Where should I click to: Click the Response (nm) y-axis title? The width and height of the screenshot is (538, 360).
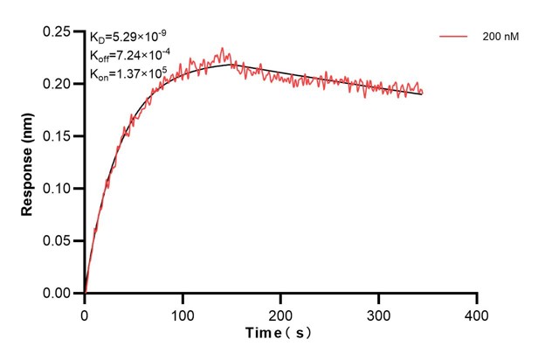click(x=28, y=163)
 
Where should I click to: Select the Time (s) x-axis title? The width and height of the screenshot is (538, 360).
click(x=279, y=333)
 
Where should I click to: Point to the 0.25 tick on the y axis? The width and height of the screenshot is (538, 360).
click(x=59, y=32)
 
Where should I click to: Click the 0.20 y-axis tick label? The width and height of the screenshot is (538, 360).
click(x=59, y=84)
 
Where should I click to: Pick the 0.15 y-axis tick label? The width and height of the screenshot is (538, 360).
click(x=59, y=136)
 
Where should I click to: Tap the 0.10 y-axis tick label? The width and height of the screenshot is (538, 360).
click(x=59, y=189)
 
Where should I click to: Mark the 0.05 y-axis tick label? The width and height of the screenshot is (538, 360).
click(x=59, y=241)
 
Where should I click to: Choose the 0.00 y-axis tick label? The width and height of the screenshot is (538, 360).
click(x=59, y=294)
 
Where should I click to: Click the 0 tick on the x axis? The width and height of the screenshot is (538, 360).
click(x=85, y=313)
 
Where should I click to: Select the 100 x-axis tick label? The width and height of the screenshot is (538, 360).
click(x=183, y=313)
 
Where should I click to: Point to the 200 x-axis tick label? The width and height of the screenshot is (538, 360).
click(x=280, y=313)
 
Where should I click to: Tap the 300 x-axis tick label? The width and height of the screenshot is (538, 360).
click(x=378, y=313)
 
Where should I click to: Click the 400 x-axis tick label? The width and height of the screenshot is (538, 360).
click(x=476, y=313)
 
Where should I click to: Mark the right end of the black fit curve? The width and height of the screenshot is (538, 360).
click(x=422, y=93)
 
